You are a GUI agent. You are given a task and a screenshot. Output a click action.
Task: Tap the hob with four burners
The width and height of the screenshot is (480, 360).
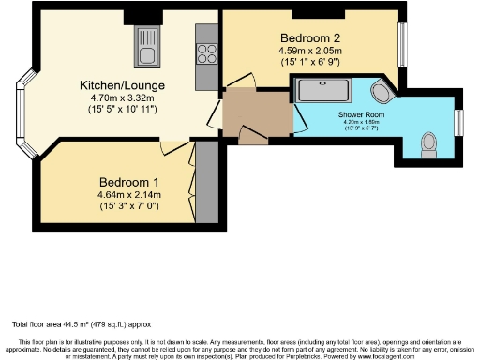[x=206, y=52]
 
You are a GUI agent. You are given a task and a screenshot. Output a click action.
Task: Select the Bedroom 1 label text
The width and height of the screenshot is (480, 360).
[x=128, y=182]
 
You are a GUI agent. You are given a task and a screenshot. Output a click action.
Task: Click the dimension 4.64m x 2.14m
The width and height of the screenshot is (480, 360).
[x=129, y=194]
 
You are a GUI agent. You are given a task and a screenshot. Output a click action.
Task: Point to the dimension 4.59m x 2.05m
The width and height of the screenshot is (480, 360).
[x=307, y=51]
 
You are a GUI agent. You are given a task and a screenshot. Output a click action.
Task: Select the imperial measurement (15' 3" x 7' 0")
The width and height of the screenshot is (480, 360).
[x=129, y=206]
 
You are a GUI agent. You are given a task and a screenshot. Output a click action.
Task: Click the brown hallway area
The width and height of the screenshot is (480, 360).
[x=255, y=113]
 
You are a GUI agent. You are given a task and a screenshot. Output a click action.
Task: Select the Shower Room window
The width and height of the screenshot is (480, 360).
[x=459, y=123]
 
